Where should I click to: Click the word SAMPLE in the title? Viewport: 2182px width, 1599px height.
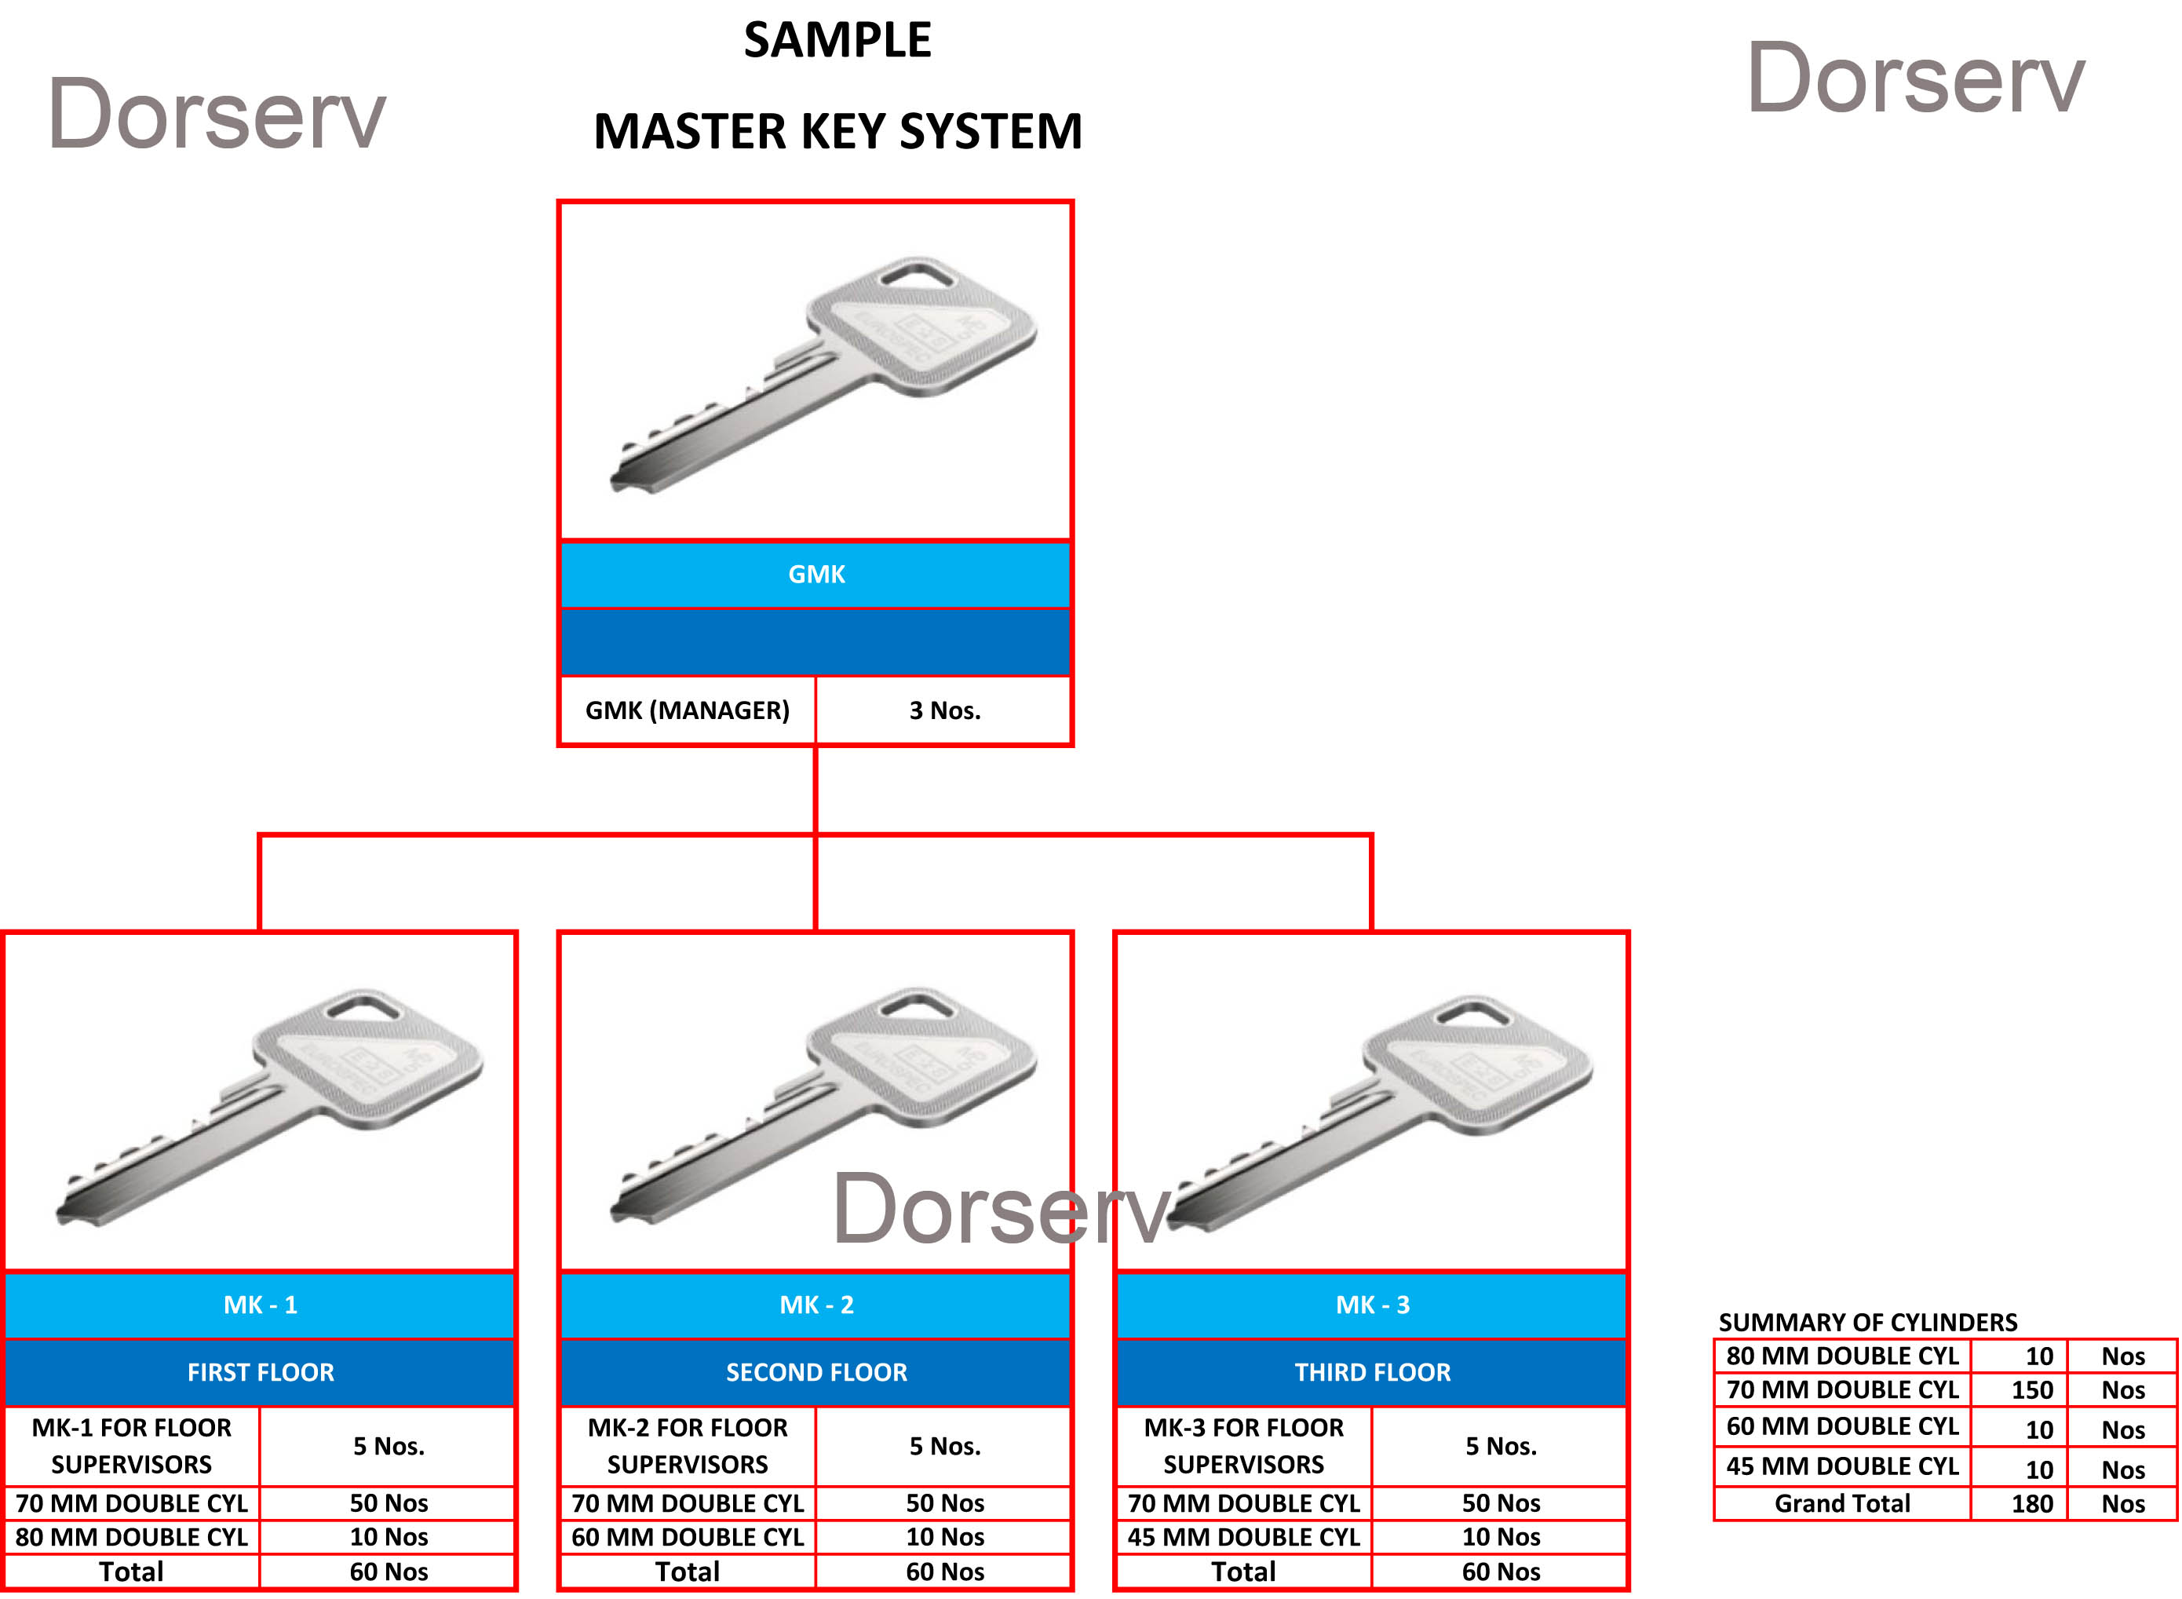coord(837,41)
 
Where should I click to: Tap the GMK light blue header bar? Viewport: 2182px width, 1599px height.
coord(816,574)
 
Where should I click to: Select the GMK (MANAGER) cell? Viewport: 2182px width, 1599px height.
coord(687,710)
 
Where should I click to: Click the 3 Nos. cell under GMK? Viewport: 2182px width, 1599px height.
coord(944,710)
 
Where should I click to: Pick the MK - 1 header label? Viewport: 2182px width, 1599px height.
coord(261,1305)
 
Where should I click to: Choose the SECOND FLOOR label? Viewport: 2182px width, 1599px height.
coord(816,1371)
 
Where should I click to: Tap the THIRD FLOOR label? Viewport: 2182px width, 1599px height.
coord(1372,1371)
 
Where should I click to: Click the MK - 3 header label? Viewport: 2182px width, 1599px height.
coord(1372,1305)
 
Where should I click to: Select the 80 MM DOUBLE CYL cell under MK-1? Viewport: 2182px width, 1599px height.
coord(132,1536)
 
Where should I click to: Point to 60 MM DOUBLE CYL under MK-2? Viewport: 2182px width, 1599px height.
coord(687,1536)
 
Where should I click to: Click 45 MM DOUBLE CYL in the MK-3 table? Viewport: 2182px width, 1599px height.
coord(1243,1536)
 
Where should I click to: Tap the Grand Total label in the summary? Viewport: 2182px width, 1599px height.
coord(1841,1503)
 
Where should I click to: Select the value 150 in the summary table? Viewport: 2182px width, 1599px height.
coord(2031,1390)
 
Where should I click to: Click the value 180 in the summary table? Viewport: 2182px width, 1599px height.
coord(2031,1503)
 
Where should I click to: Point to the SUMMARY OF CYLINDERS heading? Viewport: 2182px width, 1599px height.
coord(1867,1322)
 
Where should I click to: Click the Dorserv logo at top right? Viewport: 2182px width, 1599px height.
coord(1915,79)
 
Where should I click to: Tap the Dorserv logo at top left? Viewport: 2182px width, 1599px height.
coord(217,115)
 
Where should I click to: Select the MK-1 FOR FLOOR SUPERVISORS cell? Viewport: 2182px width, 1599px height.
coord(132,1445)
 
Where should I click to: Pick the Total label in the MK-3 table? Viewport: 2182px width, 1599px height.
coord(1243,1571)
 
